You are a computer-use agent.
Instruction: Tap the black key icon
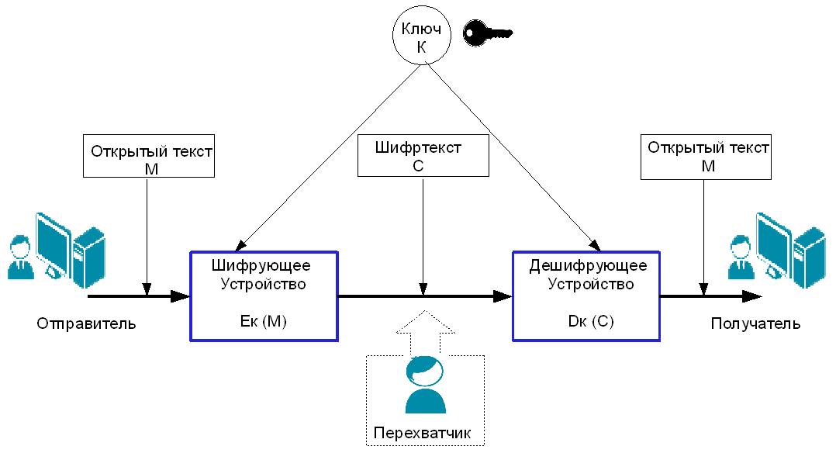[486, 33]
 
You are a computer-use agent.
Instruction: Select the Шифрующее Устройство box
[264, 296]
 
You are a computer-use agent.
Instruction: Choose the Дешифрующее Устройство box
[586, 296]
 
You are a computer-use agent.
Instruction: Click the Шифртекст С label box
[423, 155]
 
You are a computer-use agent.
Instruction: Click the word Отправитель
[86, 323]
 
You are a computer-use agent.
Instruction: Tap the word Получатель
[755, 323]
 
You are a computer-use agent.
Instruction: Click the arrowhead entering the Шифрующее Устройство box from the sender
[181, 296]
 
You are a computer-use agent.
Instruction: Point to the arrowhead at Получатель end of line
[751, 296]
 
